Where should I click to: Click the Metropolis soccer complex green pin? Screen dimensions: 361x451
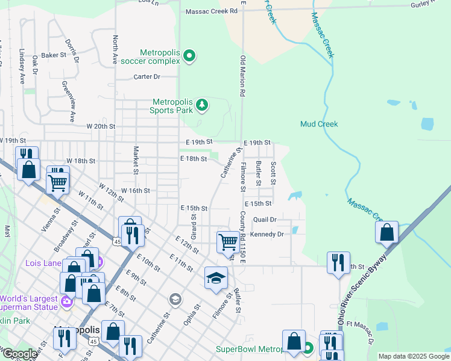[190, 57]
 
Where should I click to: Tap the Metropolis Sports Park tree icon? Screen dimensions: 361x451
[202, 106]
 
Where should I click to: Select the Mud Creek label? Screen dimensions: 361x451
[319, 124]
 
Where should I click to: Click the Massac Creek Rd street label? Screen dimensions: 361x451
[212, 11]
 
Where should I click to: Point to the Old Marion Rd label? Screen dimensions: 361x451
[242, 76]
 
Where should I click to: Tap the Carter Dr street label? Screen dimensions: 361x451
[147, 76]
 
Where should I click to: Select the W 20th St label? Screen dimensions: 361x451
[100, 126]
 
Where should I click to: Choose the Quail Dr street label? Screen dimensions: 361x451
[265, 220]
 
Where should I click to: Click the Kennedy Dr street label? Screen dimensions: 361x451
[266, 234]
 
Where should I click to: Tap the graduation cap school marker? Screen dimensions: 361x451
[216, 278]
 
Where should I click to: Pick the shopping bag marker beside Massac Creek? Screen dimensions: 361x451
[386, 232]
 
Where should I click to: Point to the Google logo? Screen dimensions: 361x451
[19, 354]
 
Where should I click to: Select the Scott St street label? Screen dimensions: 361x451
[273, 173]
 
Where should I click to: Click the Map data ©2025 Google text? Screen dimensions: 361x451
[413, 356]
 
